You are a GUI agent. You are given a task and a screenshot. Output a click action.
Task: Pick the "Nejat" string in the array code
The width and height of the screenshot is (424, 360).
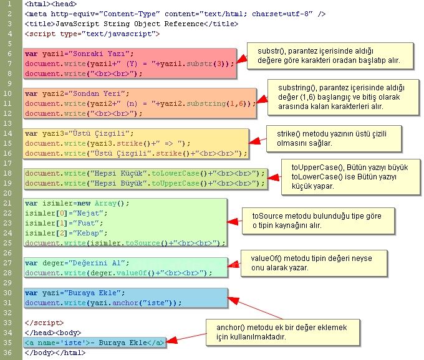(x=79, y=213)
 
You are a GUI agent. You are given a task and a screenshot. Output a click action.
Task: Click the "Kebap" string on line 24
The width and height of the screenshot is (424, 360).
(x=79, y=233)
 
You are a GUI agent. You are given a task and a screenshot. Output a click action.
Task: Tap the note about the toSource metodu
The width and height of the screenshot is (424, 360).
(x=319, y=220)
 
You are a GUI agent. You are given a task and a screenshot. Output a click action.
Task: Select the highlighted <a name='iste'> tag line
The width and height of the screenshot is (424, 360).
(x=94, y=343)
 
